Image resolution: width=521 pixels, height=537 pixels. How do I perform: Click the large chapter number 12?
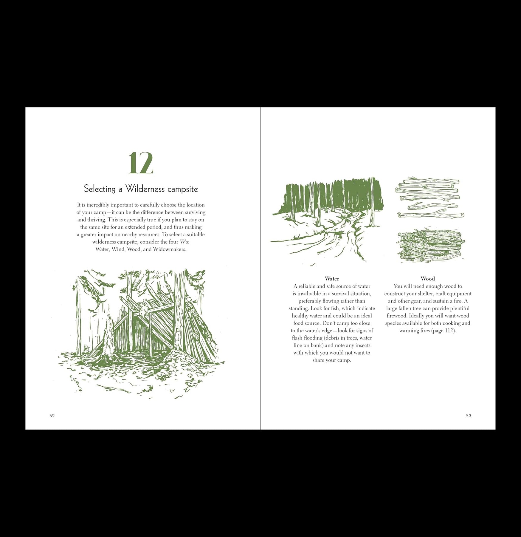[x=141, y=163]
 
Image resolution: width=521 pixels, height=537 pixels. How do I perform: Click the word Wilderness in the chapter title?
[x=145, y=189]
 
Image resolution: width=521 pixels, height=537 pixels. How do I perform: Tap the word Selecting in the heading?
[x=100, y=189]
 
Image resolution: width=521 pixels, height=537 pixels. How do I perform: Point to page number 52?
[x=52, y=416]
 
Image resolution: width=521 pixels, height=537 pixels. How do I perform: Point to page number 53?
[x=469, y=416]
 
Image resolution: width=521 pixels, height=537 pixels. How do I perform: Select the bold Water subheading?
[x=332, y=279]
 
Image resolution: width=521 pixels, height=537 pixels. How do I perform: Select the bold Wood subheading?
[x=428, y=279]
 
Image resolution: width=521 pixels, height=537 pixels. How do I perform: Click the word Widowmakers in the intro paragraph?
[x=169, y=249]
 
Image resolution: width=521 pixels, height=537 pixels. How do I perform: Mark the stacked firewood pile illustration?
[x=431, y=246]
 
